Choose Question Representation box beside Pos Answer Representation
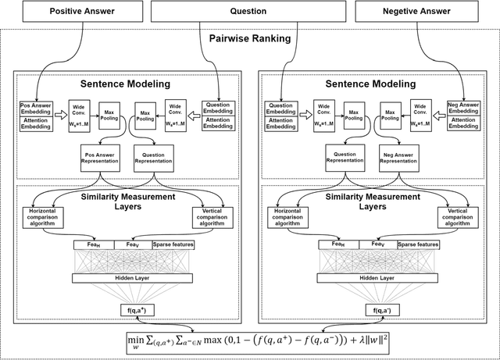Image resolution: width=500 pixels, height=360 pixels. [x=153, y=159]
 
